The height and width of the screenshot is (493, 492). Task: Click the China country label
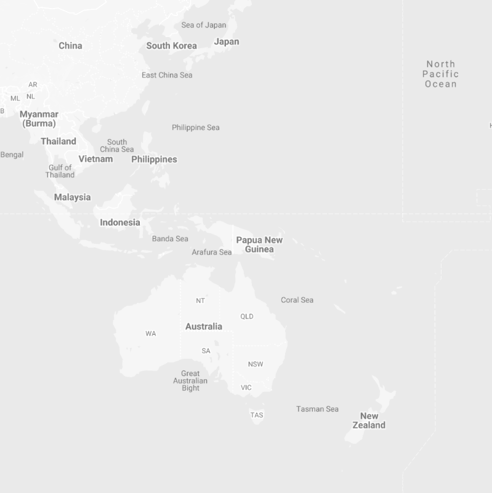click(x=70, y=46)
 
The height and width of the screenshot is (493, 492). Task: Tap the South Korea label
click(x=171, y=46)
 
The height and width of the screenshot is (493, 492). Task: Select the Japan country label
click(x=226, y=42)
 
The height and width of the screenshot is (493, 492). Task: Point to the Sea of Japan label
click(x=203, y=25)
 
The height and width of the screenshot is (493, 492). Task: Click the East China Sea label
click(x=167, y=75)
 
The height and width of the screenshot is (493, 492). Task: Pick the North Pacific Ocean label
click(x=440, y=74)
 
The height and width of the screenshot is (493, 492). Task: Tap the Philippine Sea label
click(x=195, y=127)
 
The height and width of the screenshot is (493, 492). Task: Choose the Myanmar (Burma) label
click(x=39, y=119)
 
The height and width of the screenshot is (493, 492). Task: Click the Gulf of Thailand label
click(x=60, y=171)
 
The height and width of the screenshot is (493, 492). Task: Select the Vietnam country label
click(x=95, y=159)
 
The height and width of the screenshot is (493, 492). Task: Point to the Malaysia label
click(x=72, y=197)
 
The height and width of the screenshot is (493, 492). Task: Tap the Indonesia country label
click(x=119, y=222)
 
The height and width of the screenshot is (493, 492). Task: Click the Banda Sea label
click(x=170, y=239)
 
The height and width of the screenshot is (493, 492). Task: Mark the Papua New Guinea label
click(x=259, y=244)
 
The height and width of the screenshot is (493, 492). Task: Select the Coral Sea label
click(x=297, y=300)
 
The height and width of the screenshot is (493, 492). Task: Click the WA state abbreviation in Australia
click(x=151, y=334)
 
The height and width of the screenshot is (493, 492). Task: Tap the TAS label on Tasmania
click(x=257, y=415)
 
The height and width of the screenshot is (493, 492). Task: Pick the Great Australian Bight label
click(x=190, y=380)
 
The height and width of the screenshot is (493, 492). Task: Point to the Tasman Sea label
click(x=317, y=409)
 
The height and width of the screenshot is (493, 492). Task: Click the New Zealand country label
click(x=369, y=420)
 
